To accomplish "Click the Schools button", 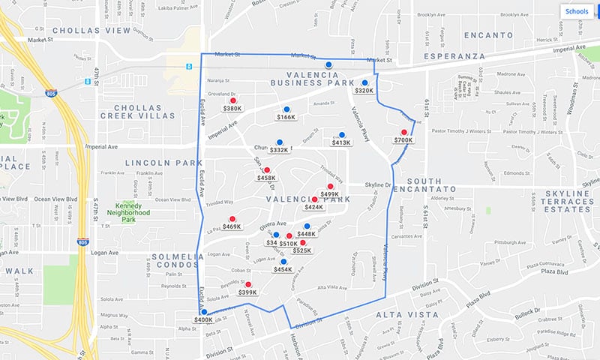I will [577, 12].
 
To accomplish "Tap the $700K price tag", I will [403, 140].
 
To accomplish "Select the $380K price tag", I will [232, 108].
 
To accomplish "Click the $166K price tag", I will [286, 118].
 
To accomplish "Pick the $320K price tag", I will [364, 91].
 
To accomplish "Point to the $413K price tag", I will [341, 142].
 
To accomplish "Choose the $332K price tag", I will [279, 150].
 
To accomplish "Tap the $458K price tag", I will [266, 178].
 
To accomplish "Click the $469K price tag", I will [232, 226].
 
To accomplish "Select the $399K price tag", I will [247, 292].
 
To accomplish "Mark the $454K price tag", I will [283, 269].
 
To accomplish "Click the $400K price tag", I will [203, 320].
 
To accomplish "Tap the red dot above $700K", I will [403, 132].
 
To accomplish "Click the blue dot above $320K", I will [364, 82].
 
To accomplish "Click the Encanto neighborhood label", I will [487, 35].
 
